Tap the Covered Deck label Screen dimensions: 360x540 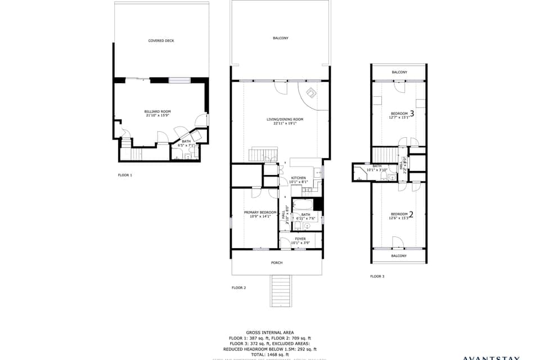160,40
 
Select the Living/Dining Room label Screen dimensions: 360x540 285,119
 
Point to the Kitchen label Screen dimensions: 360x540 298,178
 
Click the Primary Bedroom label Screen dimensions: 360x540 256,212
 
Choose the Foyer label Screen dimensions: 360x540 300,238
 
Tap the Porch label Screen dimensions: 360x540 277,263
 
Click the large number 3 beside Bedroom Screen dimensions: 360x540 412,114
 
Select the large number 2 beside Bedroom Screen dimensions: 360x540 411,214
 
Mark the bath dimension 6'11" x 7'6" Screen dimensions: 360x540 305,219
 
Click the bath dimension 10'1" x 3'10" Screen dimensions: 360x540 377,169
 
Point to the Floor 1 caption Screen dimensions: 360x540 125,175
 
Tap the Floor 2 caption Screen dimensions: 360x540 238,287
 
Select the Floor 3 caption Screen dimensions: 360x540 377,276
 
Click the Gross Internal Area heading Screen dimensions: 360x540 269,332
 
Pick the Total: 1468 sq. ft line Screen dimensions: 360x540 269,354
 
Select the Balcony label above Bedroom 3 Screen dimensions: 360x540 399,72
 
